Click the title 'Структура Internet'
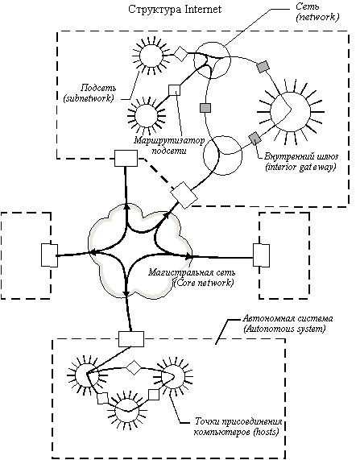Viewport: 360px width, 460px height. pyautogui.click(x=175, y=10)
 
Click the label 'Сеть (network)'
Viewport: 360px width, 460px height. pyautogui.click(x=317, y=12)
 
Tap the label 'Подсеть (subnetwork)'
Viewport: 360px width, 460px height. pyautogui.click(x=89, y=93)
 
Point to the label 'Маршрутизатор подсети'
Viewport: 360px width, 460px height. pyautogui.click(x=169, y=145)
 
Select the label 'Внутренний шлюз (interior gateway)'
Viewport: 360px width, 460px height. pyautogui.click(x=301, y=161)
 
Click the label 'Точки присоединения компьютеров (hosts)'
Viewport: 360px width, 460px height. pyautogui.click(x=238, y=427)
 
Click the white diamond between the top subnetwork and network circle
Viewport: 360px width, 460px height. pyautogui.click(x=181, y=54)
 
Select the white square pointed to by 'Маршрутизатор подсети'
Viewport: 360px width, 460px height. pyautogui.click(x=175, y=90)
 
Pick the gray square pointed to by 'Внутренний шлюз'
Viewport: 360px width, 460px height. pyautogui.click(x=254, y=138)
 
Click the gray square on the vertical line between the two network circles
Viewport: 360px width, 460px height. pyautogui.click(x=205, y=108)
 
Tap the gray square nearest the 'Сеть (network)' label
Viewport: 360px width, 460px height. pyautogui.click(x=263, y=67)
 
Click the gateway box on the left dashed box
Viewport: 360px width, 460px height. pyautogui.click(x=49, y=255)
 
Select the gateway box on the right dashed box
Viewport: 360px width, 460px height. pyautogui.click(x=261, y=255)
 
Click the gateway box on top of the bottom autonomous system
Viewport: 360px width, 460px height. pyautogui.click(x=131, y=339)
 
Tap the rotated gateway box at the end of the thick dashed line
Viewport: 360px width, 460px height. pyautogui.click(x=184, y=195)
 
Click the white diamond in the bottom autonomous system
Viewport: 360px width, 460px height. pyautogui.click(x=134, y=367)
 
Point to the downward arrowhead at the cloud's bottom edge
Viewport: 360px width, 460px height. pyautogui.click(x=126, y=293)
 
